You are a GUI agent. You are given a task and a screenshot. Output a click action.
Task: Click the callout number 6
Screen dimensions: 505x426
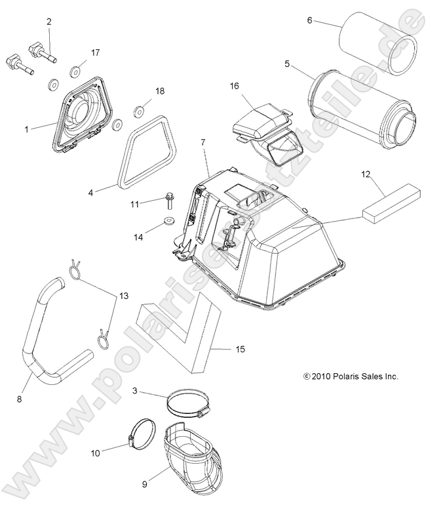pos(309,20)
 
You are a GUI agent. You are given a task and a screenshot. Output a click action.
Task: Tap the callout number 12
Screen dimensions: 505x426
pos(365,174)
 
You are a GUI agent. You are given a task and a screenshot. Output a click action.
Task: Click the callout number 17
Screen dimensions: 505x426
pos(95,52)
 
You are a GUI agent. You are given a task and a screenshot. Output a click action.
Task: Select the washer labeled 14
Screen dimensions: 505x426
pos(168,221)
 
